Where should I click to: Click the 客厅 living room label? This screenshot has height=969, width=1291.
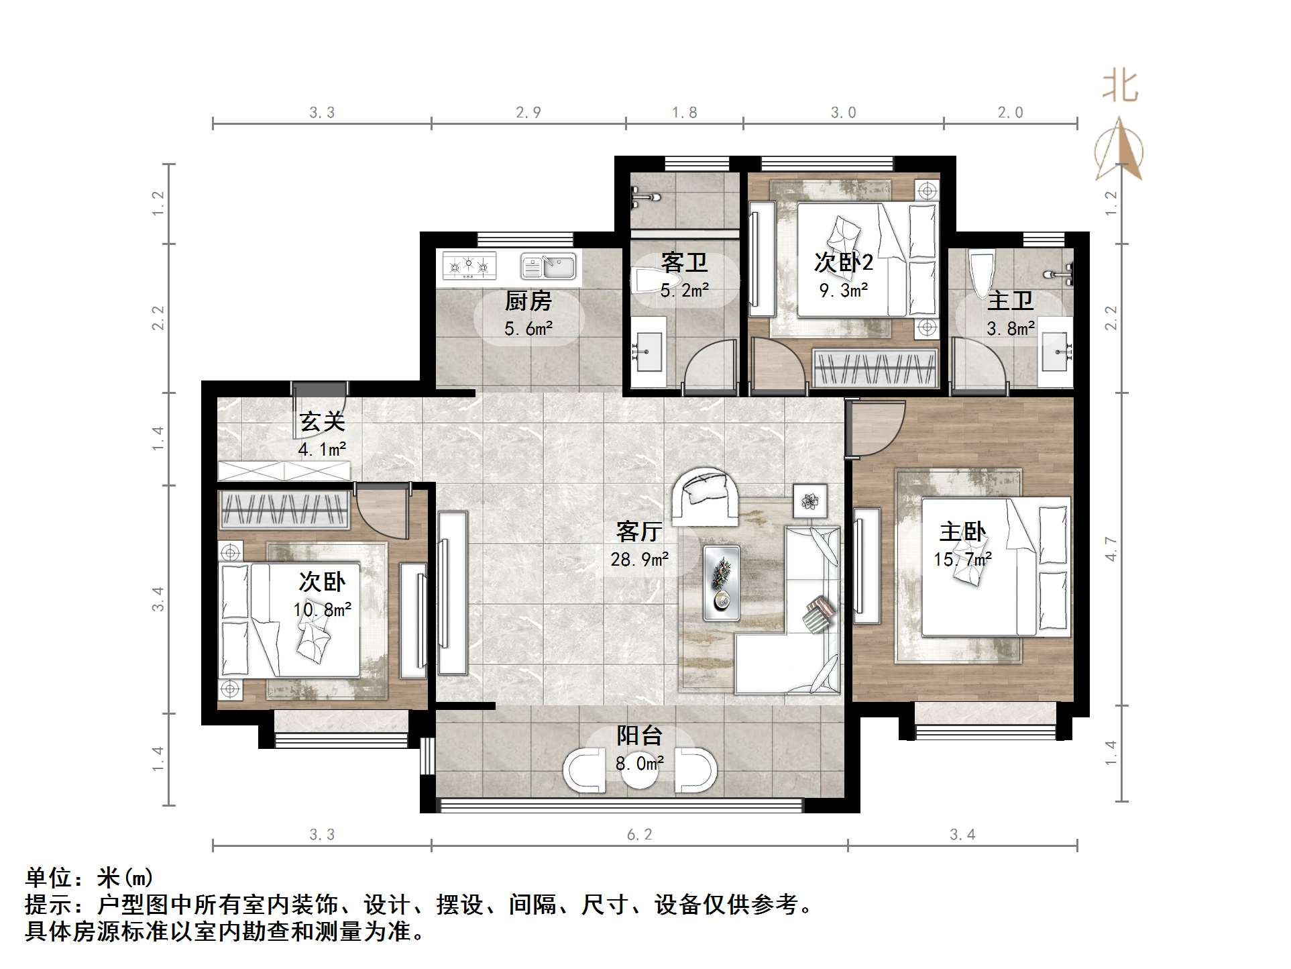tap(639, 531)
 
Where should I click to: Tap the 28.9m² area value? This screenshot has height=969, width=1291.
tap(639, 559)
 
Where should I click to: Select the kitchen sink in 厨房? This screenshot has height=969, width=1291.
tap(549, 266)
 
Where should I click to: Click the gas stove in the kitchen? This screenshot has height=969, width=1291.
tap(469, 266)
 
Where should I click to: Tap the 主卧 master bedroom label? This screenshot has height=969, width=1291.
tap(962, 532)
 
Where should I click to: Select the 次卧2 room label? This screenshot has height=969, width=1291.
tap(843, 262)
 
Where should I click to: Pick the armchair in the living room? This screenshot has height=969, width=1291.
tap(706, 497)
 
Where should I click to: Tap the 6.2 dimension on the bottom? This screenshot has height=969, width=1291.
tap(639, 834)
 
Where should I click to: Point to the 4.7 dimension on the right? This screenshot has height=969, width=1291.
tap(1111, 549)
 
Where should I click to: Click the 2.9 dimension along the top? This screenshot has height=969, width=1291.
tap(528, 113)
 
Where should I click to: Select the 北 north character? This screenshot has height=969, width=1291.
tap(1119, 87)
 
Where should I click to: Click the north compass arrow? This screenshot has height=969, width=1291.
tap(1119, 151)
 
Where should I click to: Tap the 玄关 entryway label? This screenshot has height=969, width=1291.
tap(322, 421)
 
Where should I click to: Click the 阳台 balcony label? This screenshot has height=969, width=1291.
tap(639, 735)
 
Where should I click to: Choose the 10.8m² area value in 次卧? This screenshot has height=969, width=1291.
tap(322, 609)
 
